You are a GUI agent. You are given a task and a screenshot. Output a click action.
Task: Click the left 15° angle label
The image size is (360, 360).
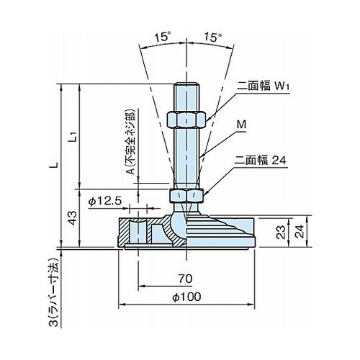(163, 37)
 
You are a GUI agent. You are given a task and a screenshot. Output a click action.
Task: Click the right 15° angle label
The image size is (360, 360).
(213, 37)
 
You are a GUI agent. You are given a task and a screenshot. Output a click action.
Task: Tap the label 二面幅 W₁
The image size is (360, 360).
(263, 86)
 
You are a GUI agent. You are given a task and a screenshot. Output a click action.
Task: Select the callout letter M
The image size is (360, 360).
(241, 125)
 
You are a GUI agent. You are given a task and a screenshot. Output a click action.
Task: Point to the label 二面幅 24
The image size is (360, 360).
(260, 160)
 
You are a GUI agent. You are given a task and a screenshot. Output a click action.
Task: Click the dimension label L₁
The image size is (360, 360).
(74, 137)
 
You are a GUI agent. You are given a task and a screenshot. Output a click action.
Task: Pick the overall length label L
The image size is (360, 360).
(55, 165)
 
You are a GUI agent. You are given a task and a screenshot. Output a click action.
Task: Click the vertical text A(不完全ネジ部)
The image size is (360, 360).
(130, 141)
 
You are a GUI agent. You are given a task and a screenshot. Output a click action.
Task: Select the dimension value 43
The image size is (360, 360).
(73, 218)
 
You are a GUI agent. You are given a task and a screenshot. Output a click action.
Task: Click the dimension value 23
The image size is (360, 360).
(281, 233)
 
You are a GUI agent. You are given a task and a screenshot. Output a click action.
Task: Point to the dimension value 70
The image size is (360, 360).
(185, 279)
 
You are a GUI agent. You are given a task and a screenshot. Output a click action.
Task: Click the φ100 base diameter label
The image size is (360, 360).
(186, 297)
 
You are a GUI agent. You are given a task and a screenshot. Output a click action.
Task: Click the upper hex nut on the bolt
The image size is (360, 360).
(186, 120)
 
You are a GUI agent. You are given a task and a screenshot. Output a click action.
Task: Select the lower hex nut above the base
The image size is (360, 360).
(186, 196)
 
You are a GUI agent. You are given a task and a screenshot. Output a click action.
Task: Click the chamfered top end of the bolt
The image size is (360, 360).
(186, 85)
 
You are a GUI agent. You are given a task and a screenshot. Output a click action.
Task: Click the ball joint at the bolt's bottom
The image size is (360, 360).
(178, 225)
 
